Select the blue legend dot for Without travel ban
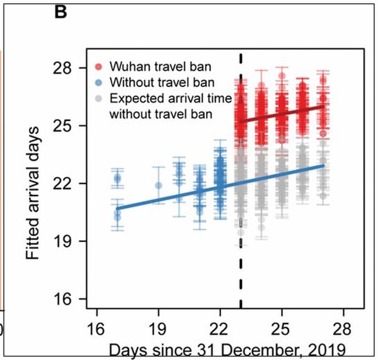click(x=100, y=83)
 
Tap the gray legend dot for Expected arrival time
click(x=100, y=98)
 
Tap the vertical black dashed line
click(x=241, y=277)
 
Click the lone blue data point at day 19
click(x=159, y=185)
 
